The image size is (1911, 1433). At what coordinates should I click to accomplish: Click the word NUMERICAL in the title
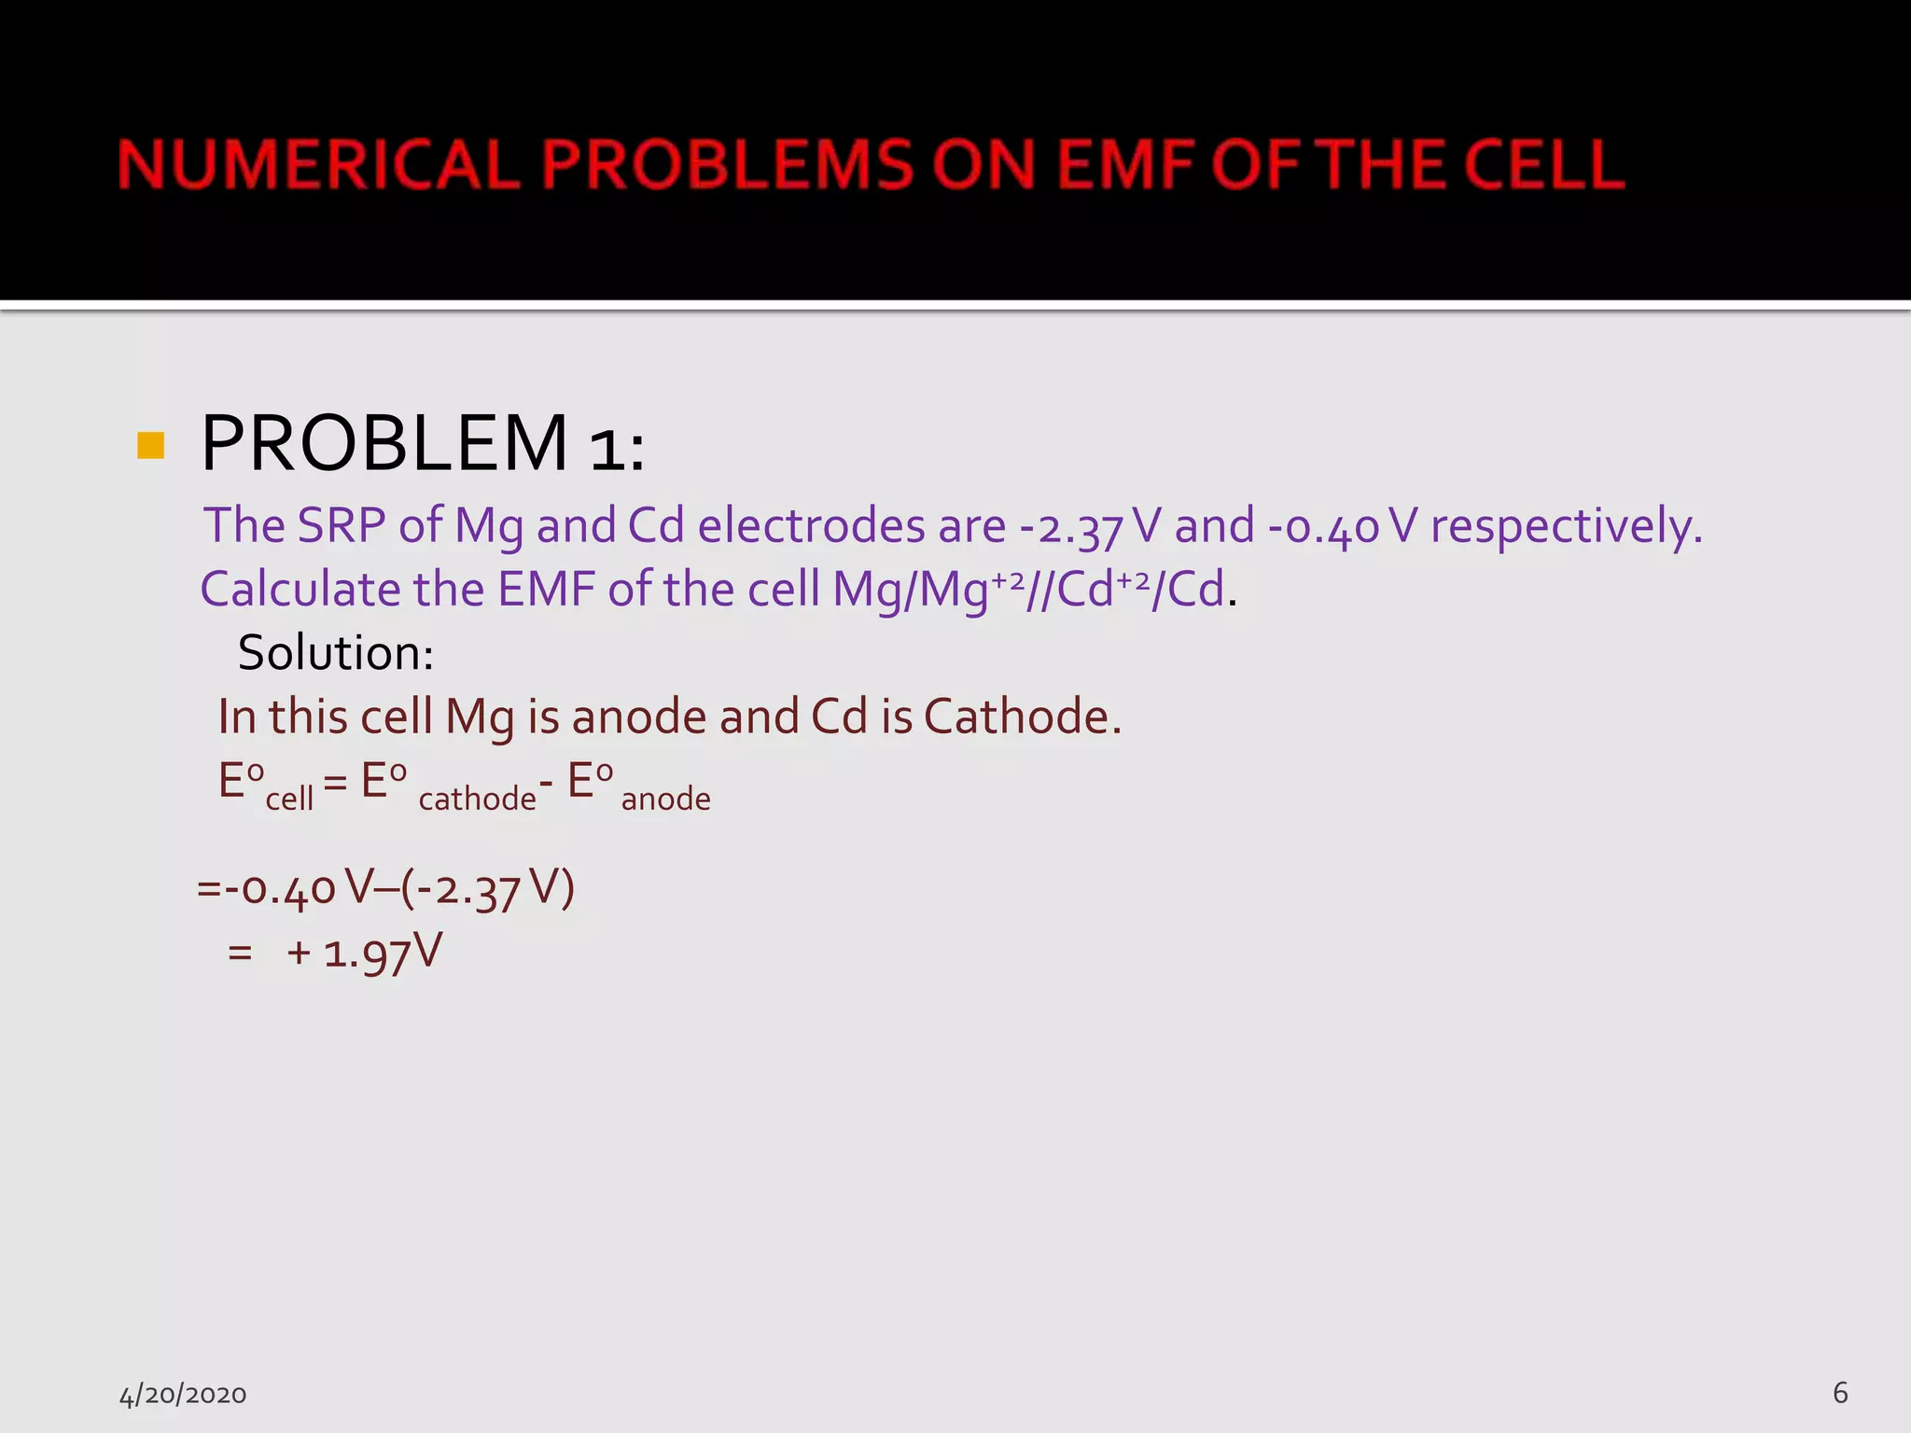318,164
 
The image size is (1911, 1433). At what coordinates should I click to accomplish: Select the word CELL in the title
1543,164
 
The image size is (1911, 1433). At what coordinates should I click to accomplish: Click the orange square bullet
150,445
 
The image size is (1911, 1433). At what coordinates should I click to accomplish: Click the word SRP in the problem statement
341,525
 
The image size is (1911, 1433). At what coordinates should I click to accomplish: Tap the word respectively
1567,527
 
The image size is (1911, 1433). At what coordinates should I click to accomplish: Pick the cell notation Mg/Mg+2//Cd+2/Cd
1027,591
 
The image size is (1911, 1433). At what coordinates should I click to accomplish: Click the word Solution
335,653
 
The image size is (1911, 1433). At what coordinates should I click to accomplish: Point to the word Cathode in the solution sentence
1022,716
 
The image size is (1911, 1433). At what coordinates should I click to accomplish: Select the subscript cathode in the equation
477,799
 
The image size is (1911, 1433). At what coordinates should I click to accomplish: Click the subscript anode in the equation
665,800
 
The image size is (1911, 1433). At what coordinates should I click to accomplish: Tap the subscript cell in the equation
289,800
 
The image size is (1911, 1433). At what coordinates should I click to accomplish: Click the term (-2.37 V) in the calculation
487,888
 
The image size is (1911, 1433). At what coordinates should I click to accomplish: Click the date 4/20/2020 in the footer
183,1395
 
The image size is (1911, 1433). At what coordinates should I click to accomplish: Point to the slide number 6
1840,1393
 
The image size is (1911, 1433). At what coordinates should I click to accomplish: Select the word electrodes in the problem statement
810,525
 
